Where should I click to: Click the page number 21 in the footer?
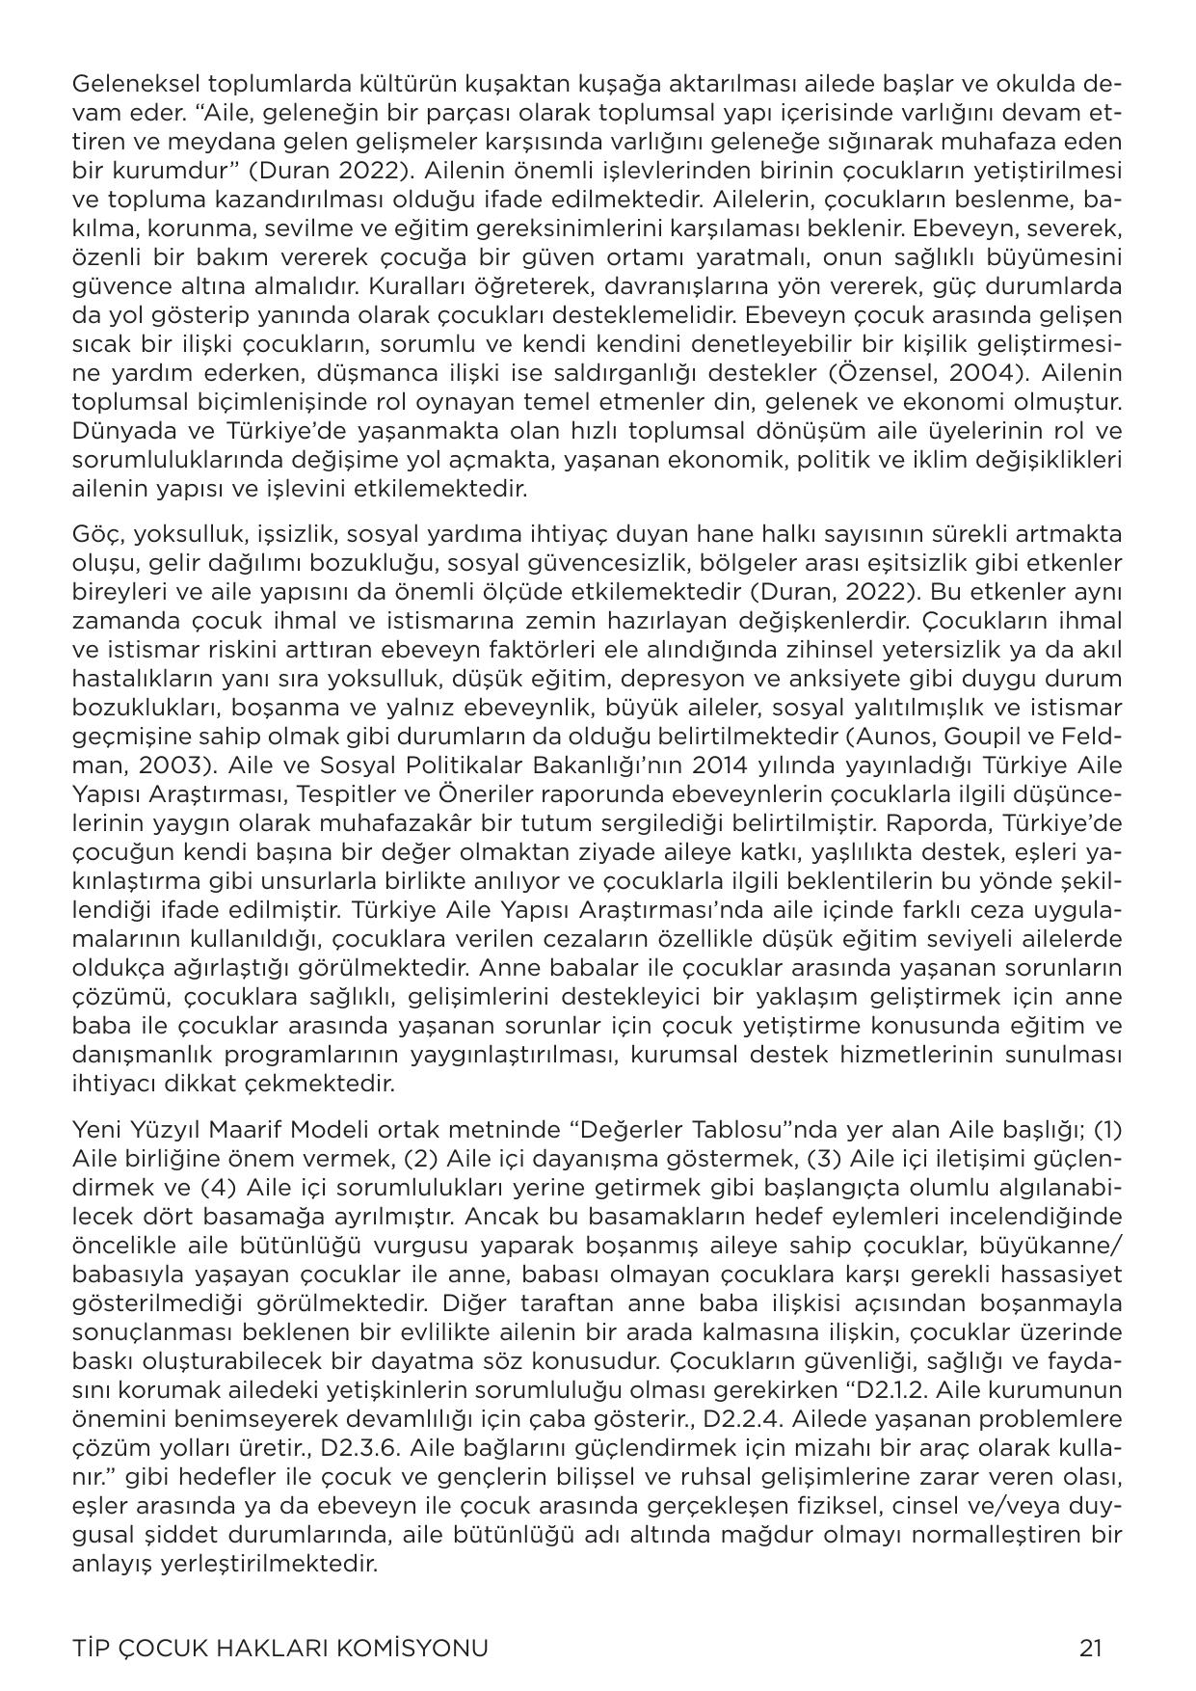(x=1090, y=1649)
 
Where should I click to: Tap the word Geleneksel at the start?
(x=131, y=84)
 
